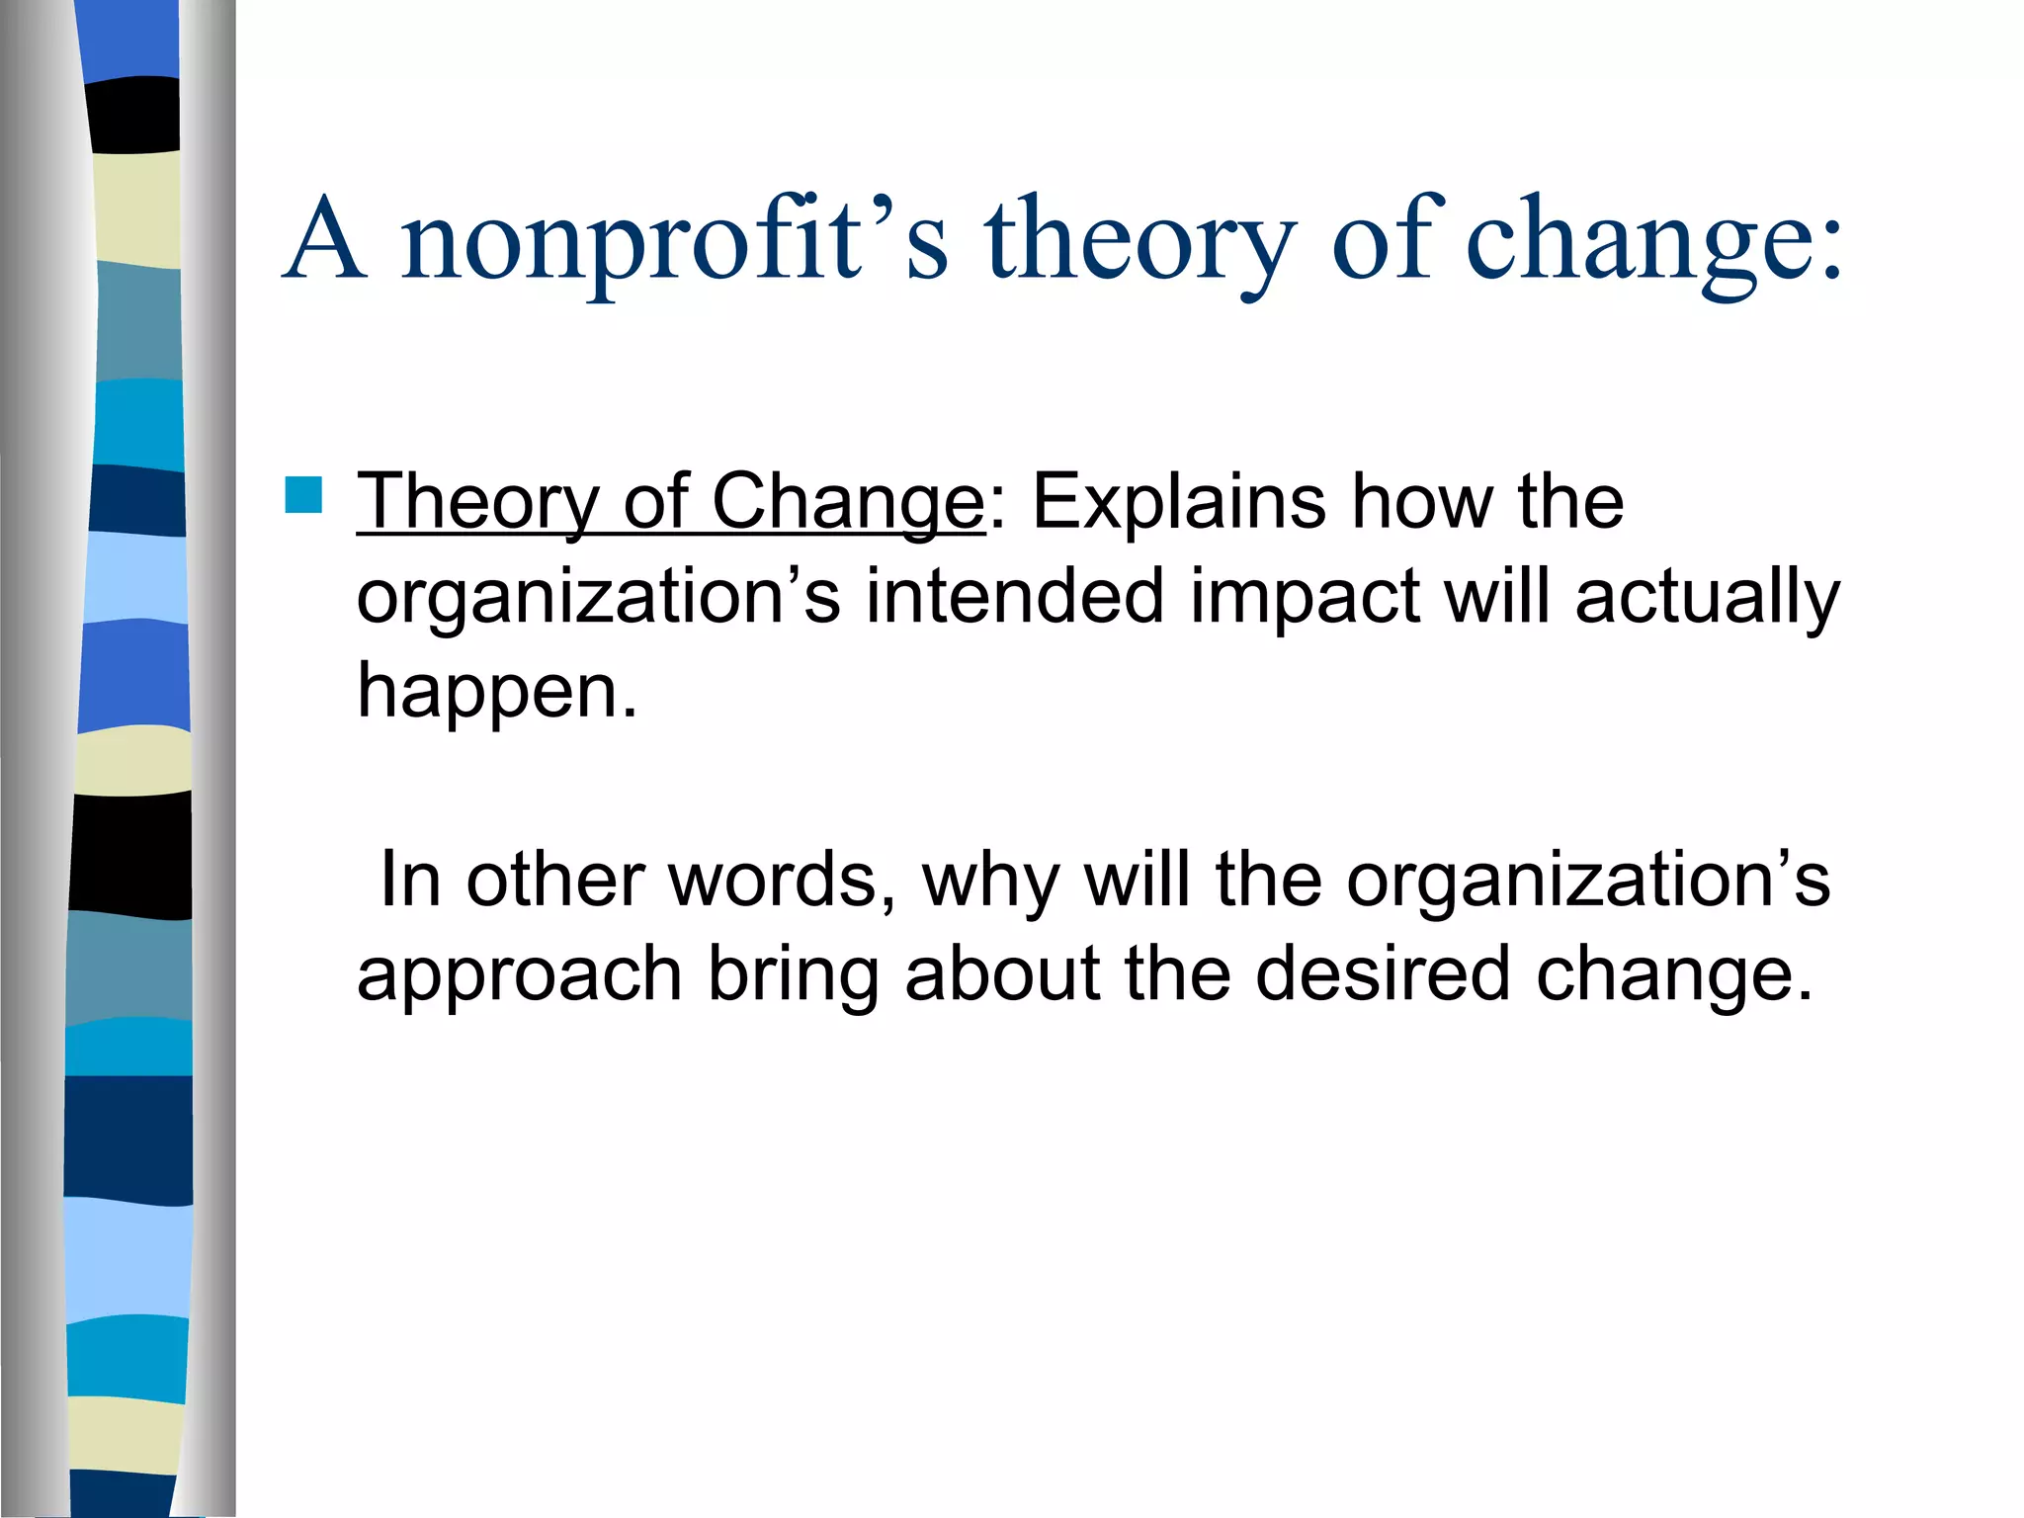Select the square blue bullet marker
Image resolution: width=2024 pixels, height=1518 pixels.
[x=303, y=495]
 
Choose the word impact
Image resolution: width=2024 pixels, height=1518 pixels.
[x=1305, y=598]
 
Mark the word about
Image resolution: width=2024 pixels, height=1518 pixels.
[x=1002, y=973]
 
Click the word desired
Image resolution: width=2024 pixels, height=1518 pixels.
[x=1383, y=973]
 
